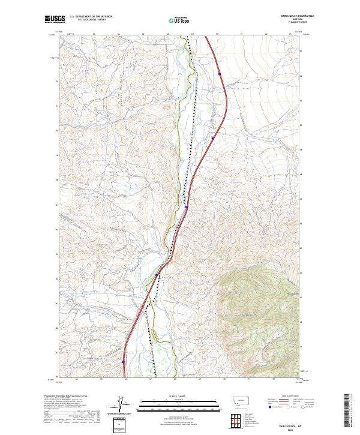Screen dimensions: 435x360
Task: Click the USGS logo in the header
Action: click(54, 20)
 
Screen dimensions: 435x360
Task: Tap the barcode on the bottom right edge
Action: click(347, 411)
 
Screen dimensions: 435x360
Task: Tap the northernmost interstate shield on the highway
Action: click(220, 74)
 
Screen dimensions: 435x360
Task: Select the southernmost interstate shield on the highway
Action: click(123, 362)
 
